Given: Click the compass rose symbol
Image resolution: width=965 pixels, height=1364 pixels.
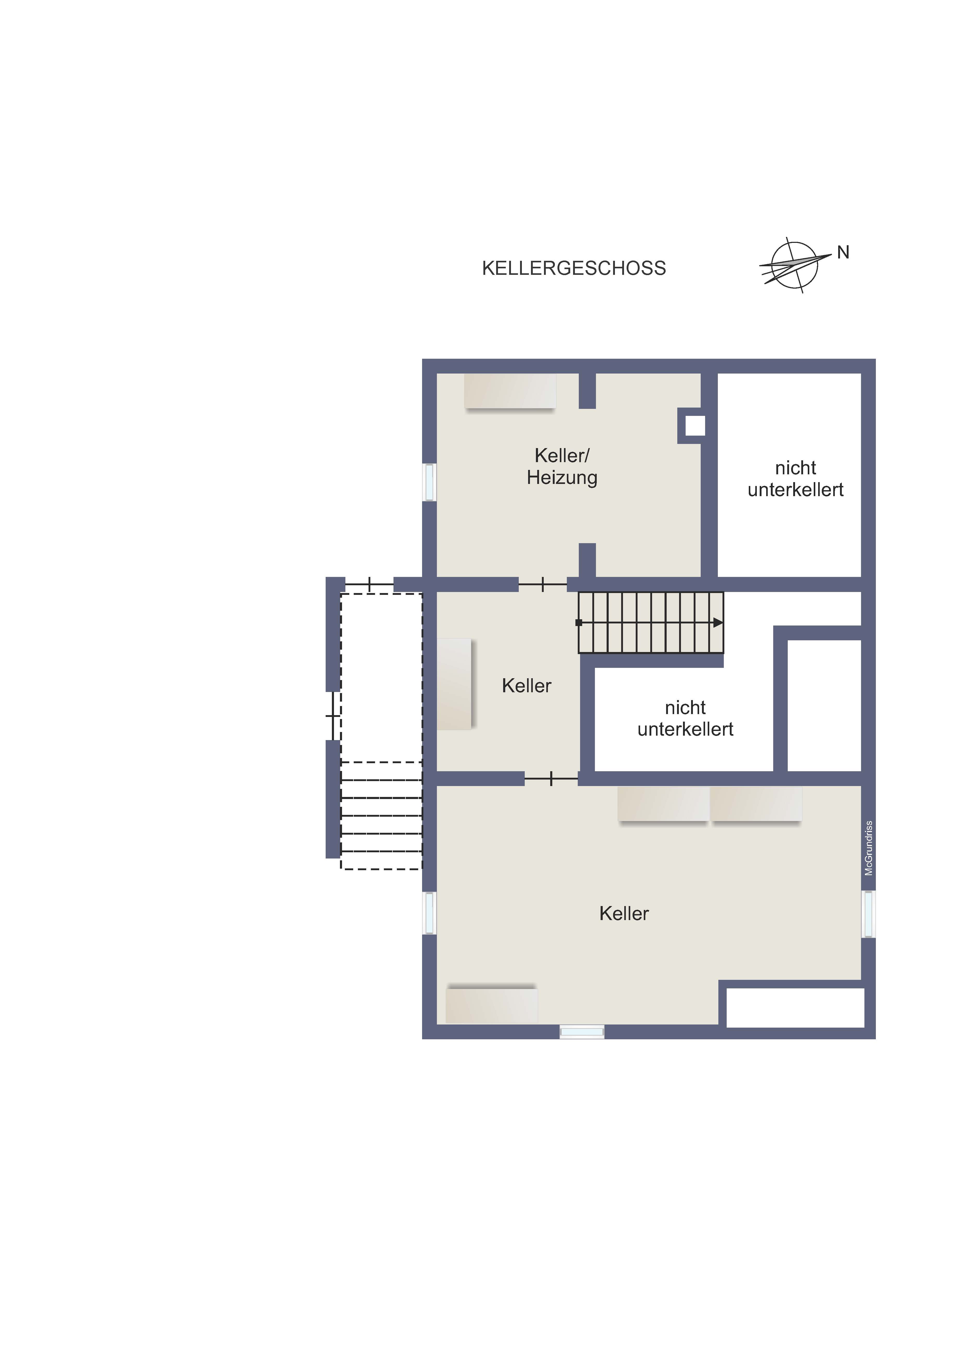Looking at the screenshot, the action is point(795,265).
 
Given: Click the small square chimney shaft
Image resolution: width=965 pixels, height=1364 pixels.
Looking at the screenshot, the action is point(695,425).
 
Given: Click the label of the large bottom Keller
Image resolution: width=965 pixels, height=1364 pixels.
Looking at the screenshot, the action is point(624,913).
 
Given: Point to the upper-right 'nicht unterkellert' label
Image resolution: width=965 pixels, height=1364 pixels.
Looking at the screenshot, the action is point(796,478).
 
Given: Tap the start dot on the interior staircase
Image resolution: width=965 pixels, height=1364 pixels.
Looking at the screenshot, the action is point(579,623).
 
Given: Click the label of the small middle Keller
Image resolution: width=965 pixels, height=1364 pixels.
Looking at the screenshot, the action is point(527,686).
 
